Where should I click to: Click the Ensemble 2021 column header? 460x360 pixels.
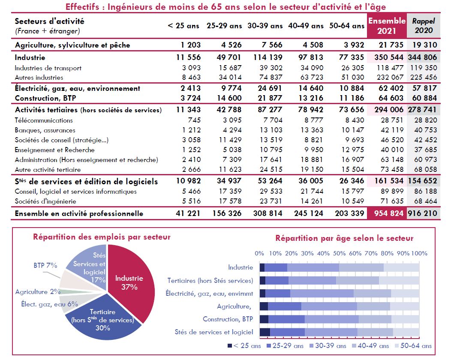point(387,26)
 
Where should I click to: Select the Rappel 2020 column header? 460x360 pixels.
point(423,26)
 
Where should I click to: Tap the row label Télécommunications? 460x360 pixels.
point(44,120)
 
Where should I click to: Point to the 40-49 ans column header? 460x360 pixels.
point(306,26)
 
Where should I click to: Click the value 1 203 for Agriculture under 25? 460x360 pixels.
point(188,45)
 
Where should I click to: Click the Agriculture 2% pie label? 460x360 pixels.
point(38,292)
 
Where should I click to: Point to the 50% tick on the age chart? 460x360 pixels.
point(339,253)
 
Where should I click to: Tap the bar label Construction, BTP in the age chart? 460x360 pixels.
point(228,319)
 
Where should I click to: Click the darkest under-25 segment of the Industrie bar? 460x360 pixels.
point(262,267)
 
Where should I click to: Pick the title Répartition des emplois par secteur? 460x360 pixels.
point(102,237)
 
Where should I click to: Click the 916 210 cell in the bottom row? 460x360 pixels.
point(423,213)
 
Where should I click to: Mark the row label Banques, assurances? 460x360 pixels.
point(45,130)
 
